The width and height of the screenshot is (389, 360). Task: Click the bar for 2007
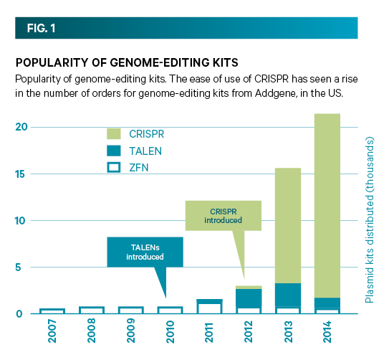point(52,311)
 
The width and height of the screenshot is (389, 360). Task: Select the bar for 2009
point(130,310)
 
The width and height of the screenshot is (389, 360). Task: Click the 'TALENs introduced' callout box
point(145,251)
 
